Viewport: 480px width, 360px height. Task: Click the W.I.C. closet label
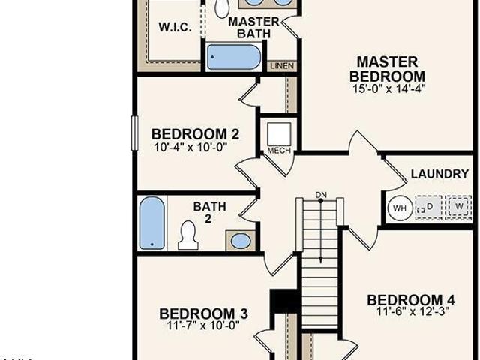(x=175, y=27)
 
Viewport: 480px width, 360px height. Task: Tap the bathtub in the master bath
(x=234, y=57)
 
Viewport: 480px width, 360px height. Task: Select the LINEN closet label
(x=282, y=66)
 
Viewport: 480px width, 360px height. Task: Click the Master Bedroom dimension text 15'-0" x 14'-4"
(x=388, y=88)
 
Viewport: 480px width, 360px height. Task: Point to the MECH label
(x=279, y=151)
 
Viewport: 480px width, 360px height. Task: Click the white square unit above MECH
(x=279, y=134)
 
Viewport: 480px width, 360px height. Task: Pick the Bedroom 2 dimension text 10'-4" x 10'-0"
(x=190, y=148)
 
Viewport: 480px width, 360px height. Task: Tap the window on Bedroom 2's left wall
(x=134, y=133)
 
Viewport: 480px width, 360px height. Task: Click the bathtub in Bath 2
(x=152, y=223)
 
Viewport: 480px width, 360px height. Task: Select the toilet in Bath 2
(x=188, y=235)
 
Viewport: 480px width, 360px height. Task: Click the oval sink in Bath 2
(x=241, y=241)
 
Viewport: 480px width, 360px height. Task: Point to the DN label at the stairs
(x=321, y=195)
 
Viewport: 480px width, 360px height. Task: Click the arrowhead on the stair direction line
(x=320, y=259)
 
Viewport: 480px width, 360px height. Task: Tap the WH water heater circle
(x=400, y=208)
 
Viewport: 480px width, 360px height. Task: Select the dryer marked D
(x=429, y=207)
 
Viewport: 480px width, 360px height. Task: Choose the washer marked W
(x=458, y=207)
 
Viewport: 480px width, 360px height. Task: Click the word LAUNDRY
(x=439, y=174)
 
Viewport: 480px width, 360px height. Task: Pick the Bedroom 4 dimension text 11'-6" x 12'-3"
(x=412, y=312)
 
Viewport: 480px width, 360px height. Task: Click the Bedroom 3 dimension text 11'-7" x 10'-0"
(x=203, y=325)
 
